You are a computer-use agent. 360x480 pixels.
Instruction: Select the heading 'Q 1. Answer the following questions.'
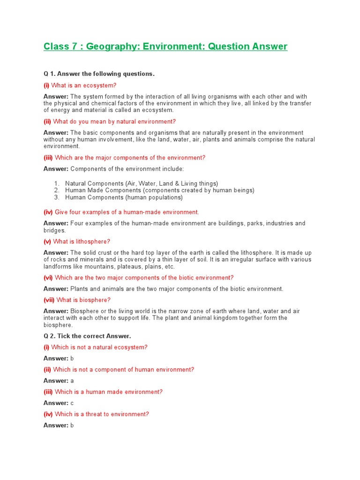99,74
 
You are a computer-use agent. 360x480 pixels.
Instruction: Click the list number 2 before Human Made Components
56,190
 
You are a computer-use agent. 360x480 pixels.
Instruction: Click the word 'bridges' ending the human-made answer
54,231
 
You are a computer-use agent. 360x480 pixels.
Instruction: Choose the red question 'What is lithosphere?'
82,241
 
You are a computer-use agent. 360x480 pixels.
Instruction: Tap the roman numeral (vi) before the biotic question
48,278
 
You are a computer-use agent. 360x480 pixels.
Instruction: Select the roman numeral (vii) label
49,300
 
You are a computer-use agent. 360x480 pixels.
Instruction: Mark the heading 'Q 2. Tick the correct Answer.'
87,336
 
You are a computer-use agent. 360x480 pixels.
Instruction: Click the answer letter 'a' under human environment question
72,381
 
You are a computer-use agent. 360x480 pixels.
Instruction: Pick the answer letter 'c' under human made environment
72,403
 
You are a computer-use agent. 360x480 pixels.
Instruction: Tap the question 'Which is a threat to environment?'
102,414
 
